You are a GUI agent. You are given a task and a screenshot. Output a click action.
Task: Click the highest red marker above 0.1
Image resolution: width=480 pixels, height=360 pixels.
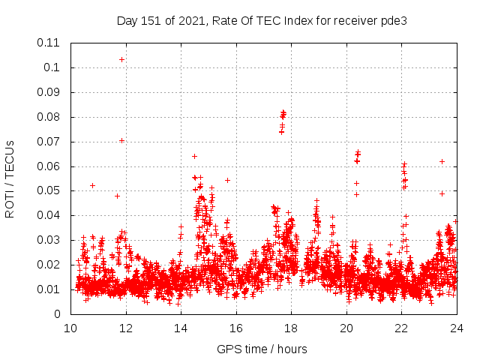point(121,59)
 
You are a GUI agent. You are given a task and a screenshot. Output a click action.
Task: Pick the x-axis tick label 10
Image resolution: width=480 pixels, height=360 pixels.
point(70,328)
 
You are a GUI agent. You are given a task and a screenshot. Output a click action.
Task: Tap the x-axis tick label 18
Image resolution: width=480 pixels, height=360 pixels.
point(291,328)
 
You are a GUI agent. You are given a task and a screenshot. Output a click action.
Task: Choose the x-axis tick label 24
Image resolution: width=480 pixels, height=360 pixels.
point(456,328)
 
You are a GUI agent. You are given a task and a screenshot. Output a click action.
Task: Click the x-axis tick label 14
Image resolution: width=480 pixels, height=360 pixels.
point(181,328)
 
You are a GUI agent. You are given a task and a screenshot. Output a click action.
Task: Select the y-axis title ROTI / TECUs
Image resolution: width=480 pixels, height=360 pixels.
point(10,178)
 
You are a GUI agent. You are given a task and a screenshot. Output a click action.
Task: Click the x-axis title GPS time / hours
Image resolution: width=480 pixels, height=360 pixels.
point(262,349)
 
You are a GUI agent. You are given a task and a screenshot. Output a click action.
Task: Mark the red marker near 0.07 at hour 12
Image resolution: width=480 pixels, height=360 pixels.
point(121,140)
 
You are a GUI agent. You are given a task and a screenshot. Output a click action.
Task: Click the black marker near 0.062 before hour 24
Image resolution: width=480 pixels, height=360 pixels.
point(442,161)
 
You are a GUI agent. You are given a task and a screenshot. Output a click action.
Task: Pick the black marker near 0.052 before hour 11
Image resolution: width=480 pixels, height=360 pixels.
point(92,185)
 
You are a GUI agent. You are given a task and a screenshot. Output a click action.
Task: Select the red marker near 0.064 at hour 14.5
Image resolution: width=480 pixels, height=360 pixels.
point(194,156)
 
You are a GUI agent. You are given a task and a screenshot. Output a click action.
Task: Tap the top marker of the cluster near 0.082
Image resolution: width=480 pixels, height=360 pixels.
point(283,112)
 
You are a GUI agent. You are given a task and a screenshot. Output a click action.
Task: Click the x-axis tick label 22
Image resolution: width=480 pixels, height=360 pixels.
point(401,328)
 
